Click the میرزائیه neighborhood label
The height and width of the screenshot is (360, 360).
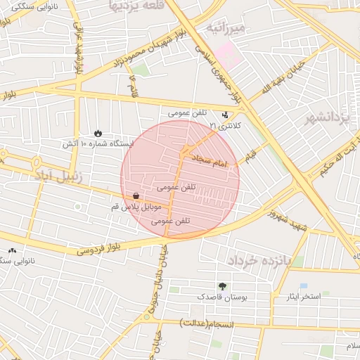coord(225,28)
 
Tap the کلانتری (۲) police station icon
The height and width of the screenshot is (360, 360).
coord(225,115)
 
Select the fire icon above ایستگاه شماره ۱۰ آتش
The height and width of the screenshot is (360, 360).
coord(98,133)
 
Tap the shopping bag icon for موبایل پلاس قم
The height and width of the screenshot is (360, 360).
coord(135,195)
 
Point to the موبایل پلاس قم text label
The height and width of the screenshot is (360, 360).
coord(136,207)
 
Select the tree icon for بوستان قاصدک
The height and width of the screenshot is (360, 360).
coord(223,286)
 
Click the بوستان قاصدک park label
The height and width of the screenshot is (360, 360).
coord(223,297)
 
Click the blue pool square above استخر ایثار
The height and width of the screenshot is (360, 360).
coord(303,285)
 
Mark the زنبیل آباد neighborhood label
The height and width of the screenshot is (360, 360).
coord(59,176)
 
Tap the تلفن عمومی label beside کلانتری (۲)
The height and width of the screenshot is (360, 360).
coord(187,112)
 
